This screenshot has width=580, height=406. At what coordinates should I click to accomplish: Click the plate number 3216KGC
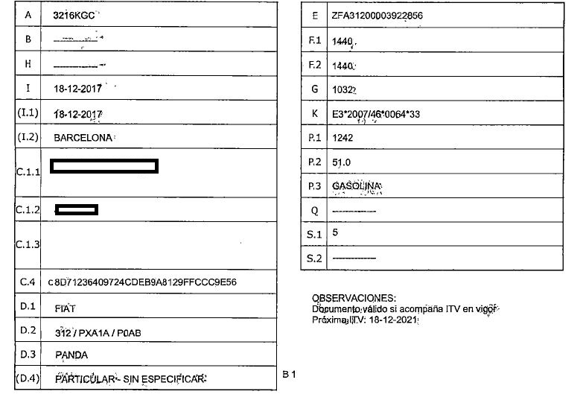click(76, 15)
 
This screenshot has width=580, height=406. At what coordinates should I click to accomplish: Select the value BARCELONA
click(83, 139)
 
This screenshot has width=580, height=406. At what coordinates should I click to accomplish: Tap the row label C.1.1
click(28, 172)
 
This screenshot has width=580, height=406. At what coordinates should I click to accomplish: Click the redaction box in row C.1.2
click(77, 209)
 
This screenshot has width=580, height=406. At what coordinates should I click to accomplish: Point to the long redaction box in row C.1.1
click(103, 166)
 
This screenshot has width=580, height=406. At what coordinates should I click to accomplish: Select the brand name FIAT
click(66, 307)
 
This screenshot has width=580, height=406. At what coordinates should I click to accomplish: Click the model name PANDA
click(71, 355)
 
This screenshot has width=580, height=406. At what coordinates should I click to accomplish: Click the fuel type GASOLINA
click(357, 185)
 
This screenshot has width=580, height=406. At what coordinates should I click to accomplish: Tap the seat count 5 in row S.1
click(335, 232)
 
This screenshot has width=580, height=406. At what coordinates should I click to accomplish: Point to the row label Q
click(315, 210)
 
